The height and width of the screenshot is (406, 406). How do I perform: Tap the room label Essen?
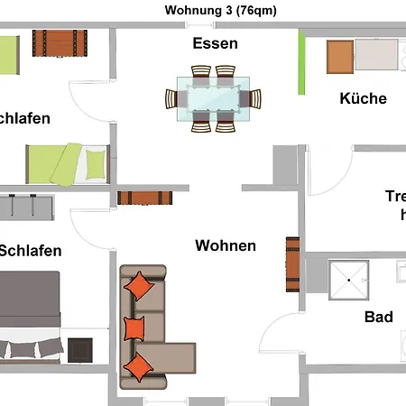pos(215,43)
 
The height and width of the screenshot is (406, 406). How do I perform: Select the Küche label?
pos(363,98)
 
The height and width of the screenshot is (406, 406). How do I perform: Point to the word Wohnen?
pos(226,245)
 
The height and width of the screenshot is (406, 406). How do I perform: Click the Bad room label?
pos(378,317)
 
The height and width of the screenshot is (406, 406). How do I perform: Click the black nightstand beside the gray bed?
pos(80,349)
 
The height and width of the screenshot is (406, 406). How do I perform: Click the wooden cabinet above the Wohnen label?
pos(144,198)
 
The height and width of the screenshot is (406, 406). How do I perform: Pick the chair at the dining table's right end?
pos(256,99)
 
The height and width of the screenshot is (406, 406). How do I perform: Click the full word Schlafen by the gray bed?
pos(31,250)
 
